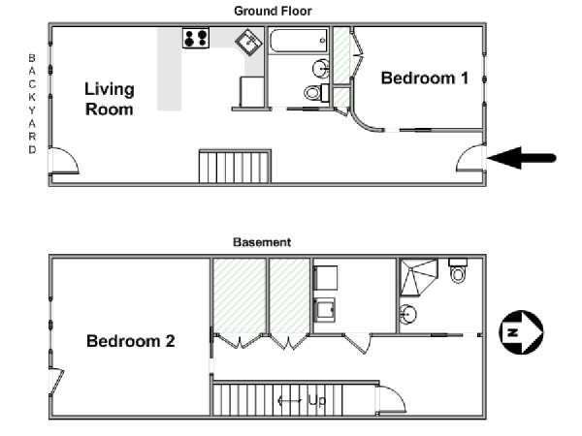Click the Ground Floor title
273,11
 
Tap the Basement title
262,242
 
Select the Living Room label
110,99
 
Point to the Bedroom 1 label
424,78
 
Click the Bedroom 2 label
130,341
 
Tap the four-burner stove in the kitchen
196,38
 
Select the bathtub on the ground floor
299,41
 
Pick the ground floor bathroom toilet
316,92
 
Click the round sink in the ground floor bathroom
321,69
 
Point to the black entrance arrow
522,158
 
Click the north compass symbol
521,332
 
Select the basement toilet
458,270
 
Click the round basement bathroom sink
407,314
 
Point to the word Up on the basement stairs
316,400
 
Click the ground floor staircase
235,166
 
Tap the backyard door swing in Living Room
64,161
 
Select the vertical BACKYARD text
32,104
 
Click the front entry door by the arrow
470,158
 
